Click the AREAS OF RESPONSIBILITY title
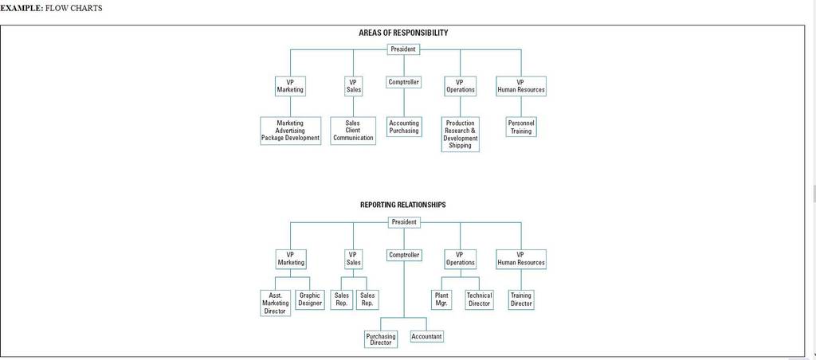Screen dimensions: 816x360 tap(403, 33)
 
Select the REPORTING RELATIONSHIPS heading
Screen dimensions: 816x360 tap(402, 205)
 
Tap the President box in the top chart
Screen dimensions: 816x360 tap(403, 49)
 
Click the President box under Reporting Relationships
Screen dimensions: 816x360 tap(404, 222)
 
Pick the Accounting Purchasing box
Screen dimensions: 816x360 tap(404, 127)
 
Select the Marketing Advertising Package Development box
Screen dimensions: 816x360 tap(290, 131)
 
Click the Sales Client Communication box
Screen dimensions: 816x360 tap(353, 131)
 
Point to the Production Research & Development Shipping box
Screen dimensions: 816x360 tap(460, 135)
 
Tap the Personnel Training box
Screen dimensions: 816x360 tap(521, 127)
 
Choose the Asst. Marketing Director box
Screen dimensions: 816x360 tap(275, 303)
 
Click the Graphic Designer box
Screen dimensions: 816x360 tap(310, 299)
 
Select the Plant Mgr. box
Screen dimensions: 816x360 tap(441, 299)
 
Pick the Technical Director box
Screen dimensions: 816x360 tap(479, 299)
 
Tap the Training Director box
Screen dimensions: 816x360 tap(521, 299)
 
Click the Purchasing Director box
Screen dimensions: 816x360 tap(380, 339)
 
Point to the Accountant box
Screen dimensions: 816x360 tap(427, 337)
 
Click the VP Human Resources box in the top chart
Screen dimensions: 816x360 tap(521, 86)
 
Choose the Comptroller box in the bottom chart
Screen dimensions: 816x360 tap(404, 256)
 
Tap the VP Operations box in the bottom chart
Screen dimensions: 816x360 tap(460, 259)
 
